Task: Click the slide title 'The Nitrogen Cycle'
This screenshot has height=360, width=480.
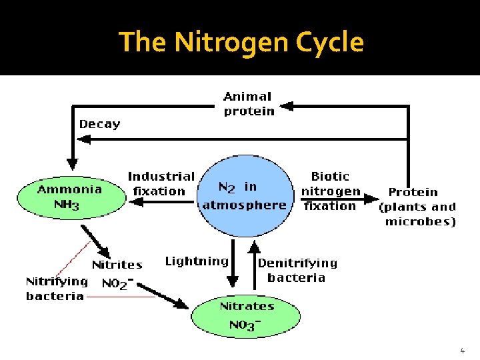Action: point(241,43)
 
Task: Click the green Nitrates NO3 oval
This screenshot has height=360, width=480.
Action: point(246,315)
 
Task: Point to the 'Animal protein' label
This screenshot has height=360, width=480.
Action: point(248,105)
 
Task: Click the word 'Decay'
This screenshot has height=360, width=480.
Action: point(100,124)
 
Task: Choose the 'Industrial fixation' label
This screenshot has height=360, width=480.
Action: point(161,184)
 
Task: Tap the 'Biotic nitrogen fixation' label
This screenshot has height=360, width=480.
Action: point(330,191)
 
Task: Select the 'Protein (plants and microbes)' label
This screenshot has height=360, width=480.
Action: point(417,207)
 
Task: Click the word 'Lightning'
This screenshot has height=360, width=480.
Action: point(197,261)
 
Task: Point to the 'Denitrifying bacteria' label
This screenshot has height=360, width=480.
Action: point(297,270)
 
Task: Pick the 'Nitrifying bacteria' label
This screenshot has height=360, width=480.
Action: point(57,289)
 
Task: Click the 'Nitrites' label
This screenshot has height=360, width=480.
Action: point(117,265)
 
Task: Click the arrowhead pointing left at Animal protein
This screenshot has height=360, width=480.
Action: point(285,105)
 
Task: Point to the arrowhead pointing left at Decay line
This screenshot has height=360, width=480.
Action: point(84,139)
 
